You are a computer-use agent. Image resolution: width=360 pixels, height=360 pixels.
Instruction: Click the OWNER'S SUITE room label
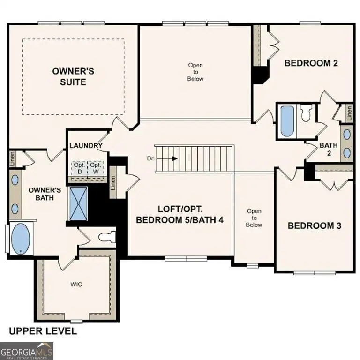73,76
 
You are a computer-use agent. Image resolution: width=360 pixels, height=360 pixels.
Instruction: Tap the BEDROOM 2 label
312,63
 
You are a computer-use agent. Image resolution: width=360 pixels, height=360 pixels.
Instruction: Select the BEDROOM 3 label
314,225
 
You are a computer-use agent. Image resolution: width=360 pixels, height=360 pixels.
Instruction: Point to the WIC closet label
76,284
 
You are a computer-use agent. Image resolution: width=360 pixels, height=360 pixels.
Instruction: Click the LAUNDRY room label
86,146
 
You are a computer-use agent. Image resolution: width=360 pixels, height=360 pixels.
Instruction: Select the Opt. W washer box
96,168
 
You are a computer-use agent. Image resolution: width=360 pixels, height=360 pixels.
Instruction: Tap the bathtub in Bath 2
286,120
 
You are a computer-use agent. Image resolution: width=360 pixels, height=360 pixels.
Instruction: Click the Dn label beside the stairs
151,158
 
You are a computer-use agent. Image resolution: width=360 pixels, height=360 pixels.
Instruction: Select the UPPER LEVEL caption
43,331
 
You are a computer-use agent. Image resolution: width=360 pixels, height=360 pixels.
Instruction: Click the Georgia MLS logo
27,351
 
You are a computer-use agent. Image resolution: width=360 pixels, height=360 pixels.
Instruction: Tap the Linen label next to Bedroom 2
349,112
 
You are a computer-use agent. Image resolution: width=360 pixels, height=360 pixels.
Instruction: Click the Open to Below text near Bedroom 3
254,218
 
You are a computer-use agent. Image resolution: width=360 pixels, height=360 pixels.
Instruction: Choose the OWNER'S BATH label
45,194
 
